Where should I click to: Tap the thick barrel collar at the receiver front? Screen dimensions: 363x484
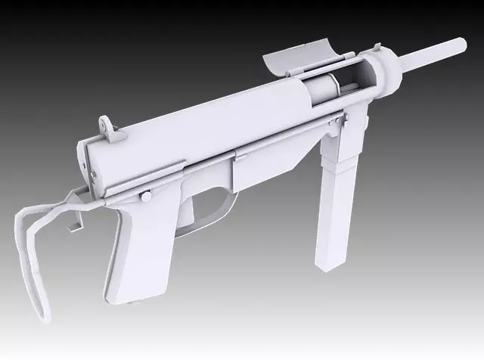click(390, 70)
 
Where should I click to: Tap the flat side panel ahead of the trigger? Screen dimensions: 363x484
click(265, 166)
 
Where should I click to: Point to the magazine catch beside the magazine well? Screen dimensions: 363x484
click(340, 121)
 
